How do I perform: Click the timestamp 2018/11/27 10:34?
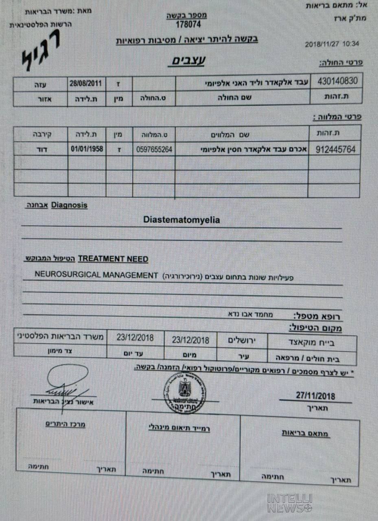(x=332, y=44)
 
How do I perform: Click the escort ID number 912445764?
(x=335, y=149)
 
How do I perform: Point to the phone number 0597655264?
(x=154, y=149)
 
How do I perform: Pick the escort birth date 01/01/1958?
(x=87, y=149)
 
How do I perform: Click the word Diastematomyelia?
(x=181, y=220)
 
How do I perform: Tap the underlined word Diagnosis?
(x=69, y=206)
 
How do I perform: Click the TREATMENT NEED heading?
(x=113, y=259)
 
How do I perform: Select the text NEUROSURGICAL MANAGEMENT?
(x=96, y=275)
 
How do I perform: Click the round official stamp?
(x=185, y=392)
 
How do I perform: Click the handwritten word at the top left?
(x=41, y=55)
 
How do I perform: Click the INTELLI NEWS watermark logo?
(x=290, y=503)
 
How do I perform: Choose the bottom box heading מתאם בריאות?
(x=306, y=433)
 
